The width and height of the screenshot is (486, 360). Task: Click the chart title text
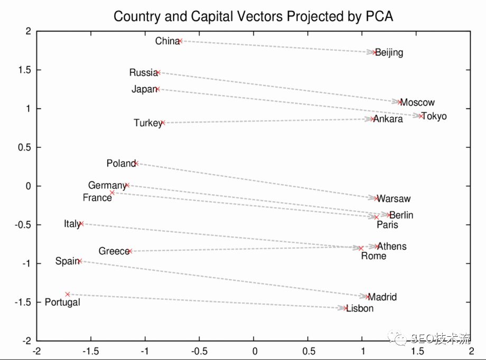click(x=253, y=16)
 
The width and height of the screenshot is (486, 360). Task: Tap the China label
click(x=167, y=41)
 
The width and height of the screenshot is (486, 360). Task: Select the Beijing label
click(x=389, y=53)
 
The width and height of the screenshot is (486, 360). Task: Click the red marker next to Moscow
click(x=400, y=102)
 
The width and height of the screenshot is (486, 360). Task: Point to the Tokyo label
click(x=434, y=116)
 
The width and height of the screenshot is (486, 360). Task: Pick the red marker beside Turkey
click(x=163, y=122)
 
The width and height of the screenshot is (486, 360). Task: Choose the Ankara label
click(x=388, y=119)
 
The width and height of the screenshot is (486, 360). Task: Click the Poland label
click(x=121, y=164)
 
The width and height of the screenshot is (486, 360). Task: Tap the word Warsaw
click(x=394, y=199)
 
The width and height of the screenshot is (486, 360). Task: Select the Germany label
click(x=107, y=186)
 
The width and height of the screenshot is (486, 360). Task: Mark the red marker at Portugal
click(x=68, y=294)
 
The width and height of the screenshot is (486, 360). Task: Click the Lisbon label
click(x=360, y=309)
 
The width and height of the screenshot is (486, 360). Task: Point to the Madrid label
click(x=382, y=297)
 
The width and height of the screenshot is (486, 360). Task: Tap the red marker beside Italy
click(x=81, y=224)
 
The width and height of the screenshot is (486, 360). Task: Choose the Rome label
click(x=373, y=257)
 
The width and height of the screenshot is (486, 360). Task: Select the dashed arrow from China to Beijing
click(x=277, y=46)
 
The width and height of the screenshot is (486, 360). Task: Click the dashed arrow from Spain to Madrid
click(x=222, y=279)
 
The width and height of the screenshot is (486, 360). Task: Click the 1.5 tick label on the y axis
click(x=24, y=70)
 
